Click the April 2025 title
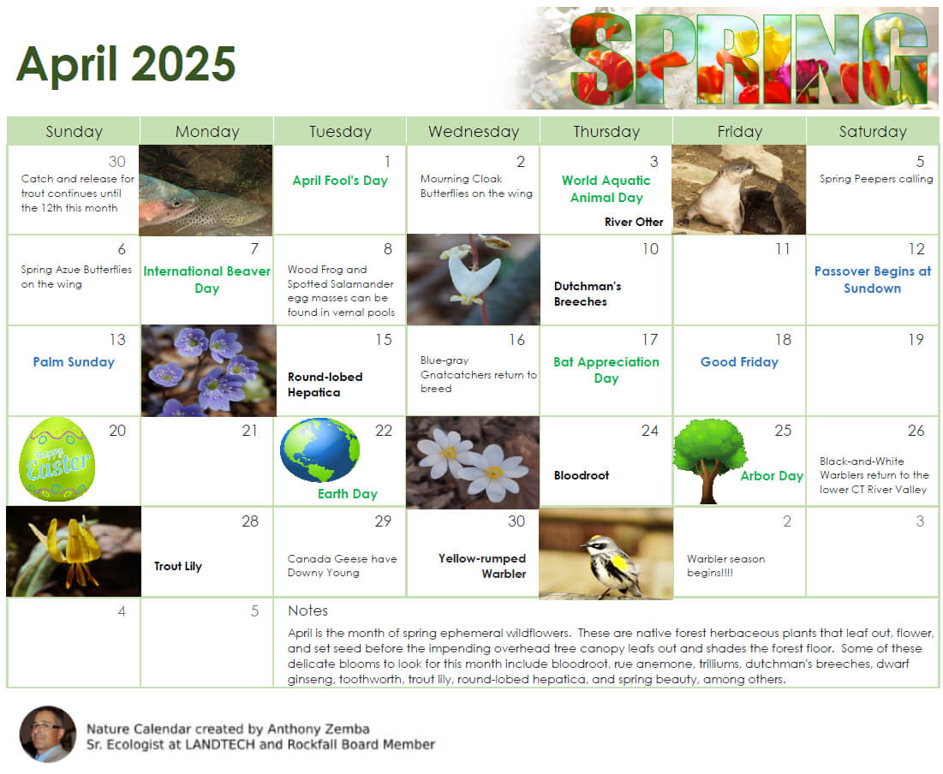pyautogui.click(x=126, y=63)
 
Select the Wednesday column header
pyautogui.click(x=474, y=132)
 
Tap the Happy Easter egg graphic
pyautogui.click(x=57, y=459)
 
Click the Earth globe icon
pyautogui.click(x=319, y=450)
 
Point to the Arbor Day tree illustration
pyautogui.click(x=709, y=460)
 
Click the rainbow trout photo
pyautogui.click(x=206, y=190)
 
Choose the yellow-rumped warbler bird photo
pyautogui.click(x=606, y=553)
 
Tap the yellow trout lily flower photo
pyautogui.click(x=74, y=551)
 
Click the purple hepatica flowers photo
pyautogui.click(x=209, y=371)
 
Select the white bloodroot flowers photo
pyautogui.click(x=473, y=461)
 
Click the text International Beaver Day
pyautogui.click(x=207, y=280)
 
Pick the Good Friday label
pyautogui.click(x=739, y=362)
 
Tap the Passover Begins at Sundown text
pyautogui.click(x=872, y=280)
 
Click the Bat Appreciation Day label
pyautogui.click(x=606, y=370)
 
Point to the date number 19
pyautogui.click(x=916, y=340)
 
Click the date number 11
pyautogui.click(x=783, y=249)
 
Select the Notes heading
pyautogui.click(x=308, y=610)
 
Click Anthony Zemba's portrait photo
pyautogui.click(x=48, y=734)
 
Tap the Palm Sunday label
pyautogui.click(x=74, y=362)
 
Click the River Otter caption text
pyautogui.click(x=634, y=222)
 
